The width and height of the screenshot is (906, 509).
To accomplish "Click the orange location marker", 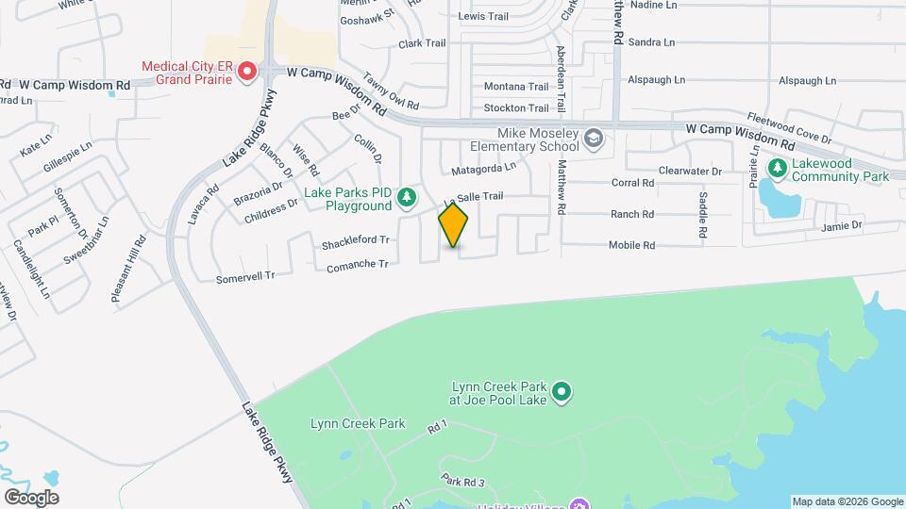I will click(x=454, y=225).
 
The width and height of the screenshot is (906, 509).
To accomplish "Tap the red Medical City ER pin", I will click(x=247, y=72).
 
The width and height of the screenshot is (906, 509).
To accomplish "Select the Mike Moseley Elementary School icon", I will click(x=594, y=140).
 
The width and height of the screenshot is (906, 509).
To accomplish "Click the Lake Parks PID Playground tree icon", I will click(x=407, y=197).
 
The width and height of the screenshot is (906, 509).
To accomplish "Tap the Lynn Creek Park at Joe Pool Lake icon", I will click(x=562, y=390).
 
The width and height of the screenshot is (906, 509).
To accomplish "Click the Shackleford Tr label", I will click(x=356, y=241).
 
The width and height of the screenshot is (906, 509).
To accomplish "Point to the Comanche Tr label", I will click(x=358, y=265).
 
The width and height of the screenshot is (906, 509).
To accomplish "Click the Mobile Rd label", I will click(x=631, y=245).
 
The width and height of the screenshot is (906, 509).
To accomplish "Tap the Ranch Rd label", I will click(x=632, y=214).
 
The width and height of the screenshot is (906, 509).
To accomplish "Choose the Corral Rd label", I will click(x=633, y=183).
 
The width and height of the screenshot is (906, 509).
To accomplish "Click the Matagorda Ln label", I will click(x=483, y=168).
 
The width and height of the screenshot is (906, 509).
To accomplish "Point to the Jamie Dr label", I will click(x=842, y=226).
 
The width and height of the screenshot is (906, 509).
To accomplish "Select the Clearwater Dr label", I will click(x=690, y=172).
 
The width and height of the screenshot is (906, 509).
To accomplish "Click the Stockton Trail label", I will click(x=516, y=108).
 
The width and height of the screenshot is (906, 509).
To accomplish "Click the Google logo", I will click(x=31, y=498).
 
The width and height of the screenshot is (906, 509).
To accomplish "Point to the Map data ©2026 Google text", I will click(x=847, y=501).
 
